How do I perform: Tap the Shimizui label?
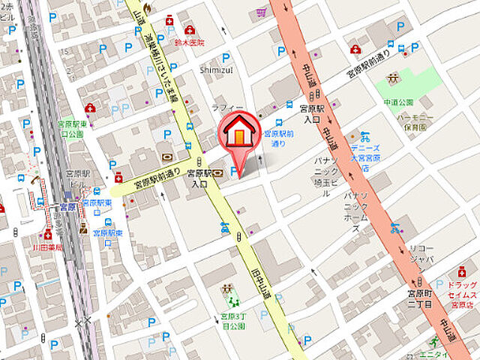tap(217, 69)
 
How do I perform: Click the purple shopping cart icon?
tap(260, 12)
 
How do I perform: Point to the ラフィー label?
tap(222, 107)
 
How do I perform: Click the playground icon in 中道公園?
tap(391, 78)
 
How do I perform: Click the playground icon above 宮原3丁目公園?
tap(226, 289)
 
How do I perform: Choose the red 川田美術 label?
tap(46, 245)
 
